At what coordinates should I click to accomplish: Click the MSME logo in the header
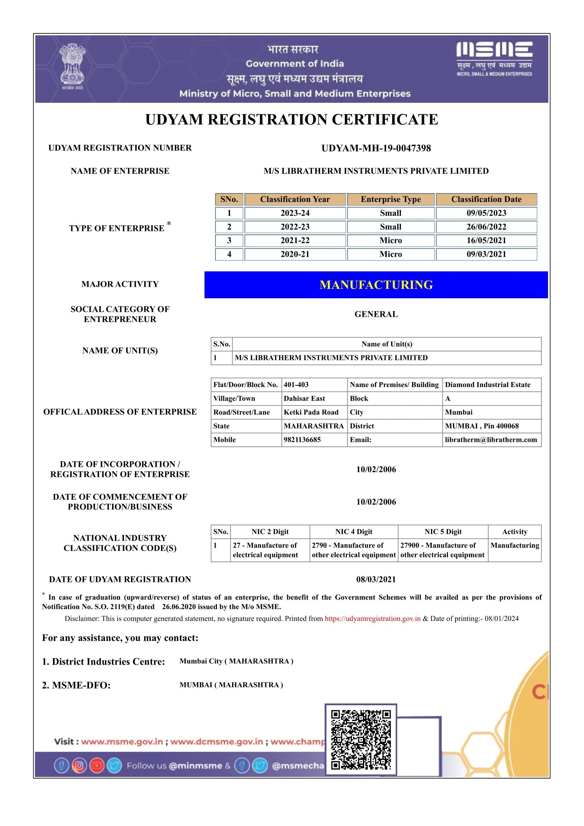[x=494, y=58]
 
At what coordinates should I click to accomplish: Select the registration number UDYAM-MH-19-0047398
[x=376, y=148]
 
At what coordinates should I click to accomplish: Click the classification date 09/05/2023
[x=486, y=213]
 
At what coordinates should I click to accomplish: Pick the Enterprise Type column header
[x=390, y=199]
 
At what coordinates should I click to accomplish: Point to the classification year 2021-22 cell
[x=295, y=240]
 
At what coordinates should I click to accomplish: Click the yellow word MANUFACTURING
[x=376, y=285]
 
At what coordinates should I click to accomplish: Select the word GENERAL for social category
[x=376, y=314]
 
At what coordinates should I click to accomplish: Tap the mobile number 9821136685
[x=302, y=440]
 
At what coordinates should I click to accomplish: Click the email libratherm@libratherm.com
[x=491, y=440]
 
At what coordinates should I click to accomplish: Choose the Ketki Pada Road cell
[x=311, y=412]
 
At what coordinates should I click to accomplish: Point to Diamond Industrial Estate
[x=488, y=385]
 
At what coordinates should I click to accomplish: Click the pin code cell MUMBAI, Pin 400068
[x=482, y=426]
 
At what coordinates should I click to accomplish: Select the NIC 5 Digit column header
[x=443, y=532]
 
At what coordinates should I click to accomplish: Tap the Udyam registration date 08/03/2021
[x=376, y=579]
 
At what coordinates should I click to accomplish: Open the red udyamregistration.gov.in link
[x=372, y=618]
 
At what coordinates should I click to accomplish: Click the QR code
[x=361, y=740]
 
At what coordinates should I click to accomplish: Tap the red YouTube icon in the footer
[x=97, y=766]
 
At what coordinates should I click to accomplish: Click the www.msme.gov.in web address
[x=122, y=742]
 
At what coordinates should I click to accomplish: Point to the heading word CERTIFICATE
[x=385, y=119]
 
